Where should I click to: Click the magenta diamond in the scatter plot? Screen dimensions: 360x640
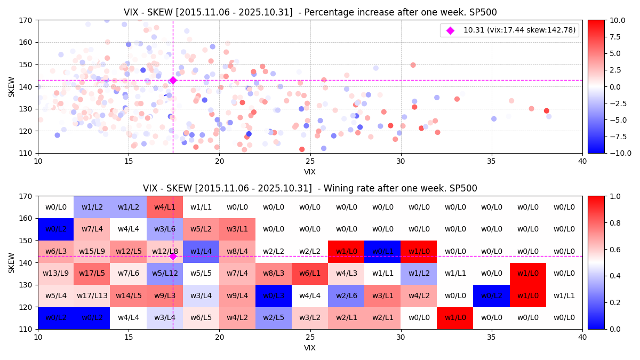click(x=173, y=80)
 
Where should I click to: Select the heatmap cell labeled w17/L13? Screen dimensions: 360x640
click(x=92, y=295)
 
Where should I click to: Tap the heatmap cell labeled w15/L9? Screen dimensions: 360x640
click(x=92, y=251)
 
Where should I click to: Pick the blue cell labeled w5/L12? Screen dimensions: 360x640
click(x=165, y=274)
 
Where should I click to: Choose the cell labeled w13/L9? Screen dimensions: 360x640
click(x=55, y=274)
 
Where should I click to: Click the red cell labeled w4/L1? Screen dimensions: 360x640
click(x=165, y=207)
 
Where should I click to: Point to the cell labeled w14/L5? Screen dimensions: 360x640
click(x=128, y=295)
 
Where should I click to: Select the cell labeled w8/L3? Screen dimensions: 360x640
click(x=274, y=274)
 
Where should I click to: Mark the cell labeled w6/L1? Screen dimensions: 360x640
click(x=310, y=274)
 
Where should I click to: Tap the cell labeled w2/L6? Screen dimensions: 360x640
click(x=346, y=295)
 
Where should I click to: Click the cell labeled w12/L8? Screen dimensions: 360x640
click(x=165, y=251)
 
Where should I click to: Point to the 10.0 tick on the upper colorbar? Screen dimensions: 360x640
click(x=615, y=20)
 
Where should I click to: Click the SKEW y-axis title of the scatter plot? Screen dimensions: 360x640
click(x=12, y=86)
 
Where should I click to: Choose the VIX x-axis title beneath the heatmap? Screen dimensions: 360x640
click(x=310, y=348)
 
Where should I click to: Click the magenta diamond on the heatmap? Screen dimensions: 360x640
click(x=173, y=256)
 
